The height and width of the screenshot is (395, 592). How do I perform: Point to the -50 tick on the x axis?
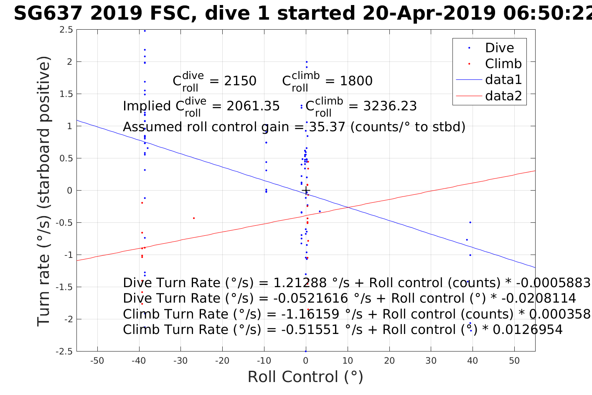[97, 361]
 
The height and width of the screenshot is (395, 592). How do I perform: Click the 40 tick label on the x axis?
[473, 361]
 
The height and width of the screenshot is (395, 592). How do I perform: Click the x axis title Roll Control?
[305, 377]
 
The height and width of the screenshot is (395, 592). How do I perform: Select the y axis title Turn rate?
[44, 191]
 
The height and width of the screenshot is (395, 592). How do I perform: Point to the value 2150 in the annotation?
[240, 81]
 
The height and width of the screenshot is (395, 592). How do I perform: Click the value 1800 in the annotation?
[356, 81]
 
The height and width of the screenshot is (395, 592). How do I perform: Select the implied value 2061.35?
[253, 106]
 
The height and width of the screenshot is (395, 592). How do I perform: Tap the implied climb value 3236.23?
[390, 106]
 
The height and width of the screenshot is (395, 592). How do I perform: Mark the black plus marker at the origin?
[306, 191]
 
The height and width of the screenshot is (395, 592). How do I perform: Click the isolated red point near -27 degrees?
[193, 218]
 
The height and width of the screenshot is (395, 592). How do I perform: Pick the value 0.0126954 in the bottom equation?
[528, 330]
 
